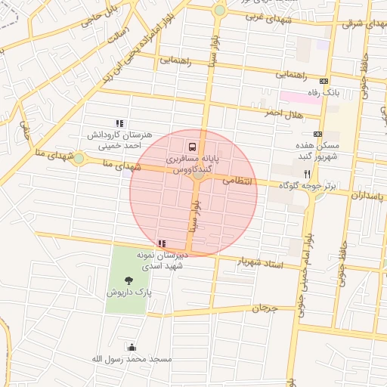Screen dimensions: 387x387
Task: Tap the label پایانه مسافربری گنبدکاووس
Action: (192, 166)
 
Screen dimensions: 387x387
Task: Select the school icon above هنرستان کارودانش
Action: (119, 122)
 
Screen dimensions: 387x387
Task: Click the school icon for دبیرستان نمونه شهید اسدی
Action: (161, 243)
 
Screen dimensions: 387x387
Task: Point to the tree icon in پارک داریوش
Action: (138, 281)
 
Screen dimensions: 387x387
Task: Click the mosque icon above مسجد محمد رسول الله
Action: (133, 348)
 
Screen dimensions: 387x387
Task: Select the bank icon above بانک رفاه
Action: (324, 81)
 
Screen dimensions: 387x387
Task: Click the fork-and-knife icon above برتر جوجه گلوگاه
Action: (307, 173)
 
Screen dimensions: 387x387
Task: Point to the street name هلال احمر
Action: (283, 113)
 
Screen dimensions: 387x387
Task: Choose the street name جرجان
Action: (265, 308)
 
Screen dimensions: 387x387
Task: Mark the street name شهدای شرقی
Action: (361, 24)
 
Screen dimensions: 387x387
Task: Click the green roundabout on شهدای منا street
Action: (79, 158)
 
